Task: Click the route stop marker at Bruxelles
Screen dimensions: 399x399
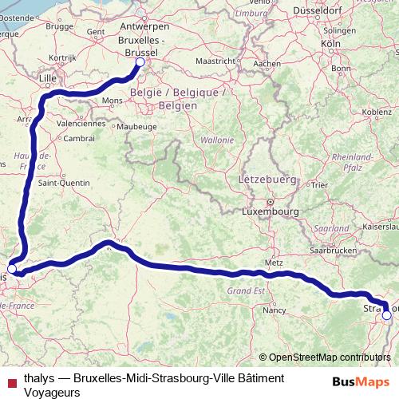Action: click(140, 62)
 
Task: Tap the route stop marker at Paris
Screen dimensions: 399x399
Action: click(12, 270)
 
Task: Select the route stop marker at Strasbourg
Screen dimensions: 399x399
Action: click(387, 315)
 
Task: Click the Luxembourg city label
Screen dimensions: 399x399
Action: click(271, 212)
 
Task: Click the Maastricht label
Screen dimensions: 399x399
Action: click(215, 61)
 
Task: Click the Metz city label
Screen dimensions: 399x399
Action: click(275, 263)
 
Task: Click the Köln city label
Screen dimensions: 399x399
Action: click(330, 43)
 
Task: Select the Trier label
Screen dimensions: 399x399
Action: click(320, 185)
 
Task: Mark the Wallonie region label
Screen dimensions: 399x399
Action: click(217, 140)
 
